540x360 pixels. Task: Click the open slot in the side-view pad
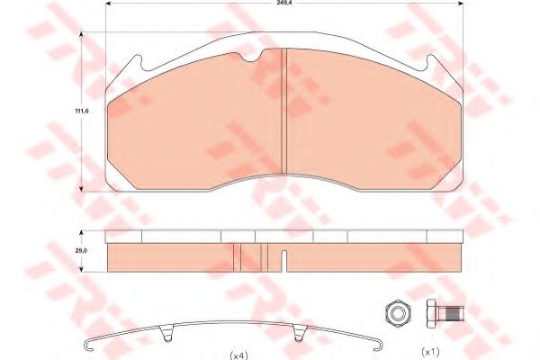284,261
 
